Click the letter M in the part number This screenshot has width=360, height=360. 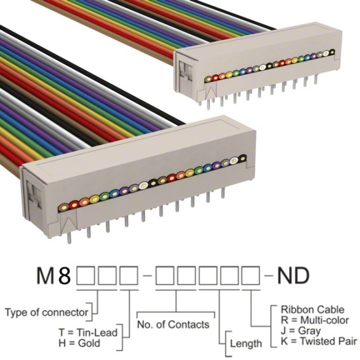(46, 275)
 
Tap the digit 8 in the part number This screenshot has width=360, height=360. (65, 275)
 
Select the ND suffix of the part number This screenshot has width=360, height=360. (293, 275)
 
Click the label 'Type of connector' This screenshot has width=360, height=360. (46, 312)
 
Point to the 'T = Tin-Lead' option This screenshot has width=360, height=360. (88, 333)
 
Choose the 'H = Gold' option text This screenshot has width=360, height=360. (79, 344)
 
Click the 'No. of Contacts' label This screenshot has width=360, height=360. (173, 325)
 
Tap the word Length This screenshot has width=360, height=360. (246, 344)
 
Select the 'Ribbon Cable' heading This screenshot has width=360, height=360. (312, 310)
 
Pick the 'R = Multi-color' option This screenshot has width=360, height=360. (315, 320)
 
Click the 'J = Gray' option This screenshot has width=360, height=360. (301, 331)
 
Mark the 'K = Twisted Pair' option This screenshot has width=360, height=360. (319, 341)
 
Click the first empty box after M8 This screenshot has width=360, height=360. (86, 275)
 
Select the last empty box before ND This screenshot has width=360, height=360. (251, 275)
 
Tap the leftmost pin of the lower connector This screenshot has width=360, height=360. (69, 238)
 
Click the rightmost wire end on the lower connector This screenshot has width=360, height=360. (242, 158)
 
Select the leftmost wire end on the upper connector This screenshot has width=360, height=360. (209, 79)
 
